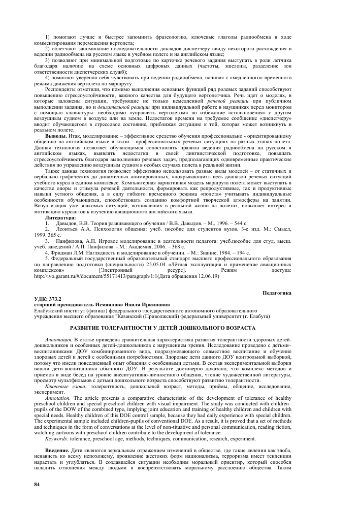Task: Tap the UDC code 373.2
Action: (53, 300)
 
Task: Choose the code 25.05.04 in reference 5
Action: (146, 265)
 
